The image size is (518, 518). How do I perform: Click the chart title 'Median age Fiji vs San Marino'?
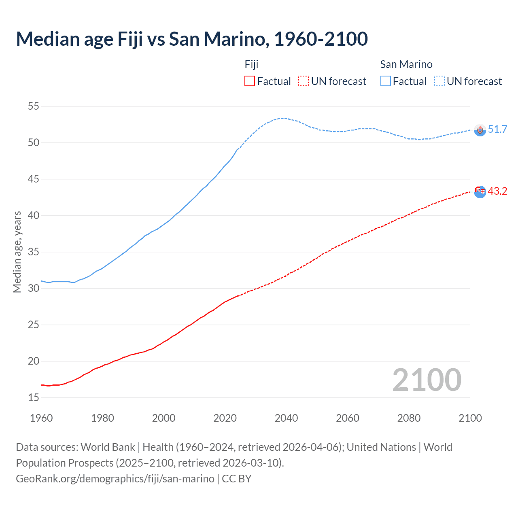coord(192,39)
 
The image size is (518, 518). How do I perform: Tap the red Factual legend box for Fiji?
coord(250,81)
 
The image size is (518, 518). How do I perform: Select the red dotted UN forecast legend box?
coord(304,81)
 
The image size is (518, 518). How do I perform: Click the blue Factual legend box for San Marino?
coord(386,81)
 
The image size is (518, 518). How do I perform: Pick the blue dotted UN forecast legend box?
coord(439,81)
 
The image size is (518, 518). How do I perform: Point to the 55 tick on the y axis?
coord(34,106)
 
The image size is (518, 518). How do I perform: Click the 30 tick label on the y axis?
coord(34,289)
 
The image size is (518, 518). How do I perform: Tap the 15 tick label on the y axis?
coord(34,398)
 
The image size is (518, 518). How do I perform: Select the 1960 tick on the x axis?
coord(41,418)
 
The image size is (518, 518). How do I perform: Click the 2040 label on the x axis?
coord(286,418)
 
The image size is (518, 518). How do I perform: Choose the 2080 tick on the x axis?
coord(409,418)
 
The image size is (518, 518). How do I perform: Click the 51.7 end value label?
coord(497,129)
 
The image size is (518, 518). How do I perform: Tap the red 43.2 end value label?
coord(497,191)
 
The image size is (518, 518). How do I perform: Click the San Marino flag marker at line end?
coord(480,130)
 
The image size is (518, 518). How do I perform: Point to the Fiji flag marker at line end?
coord(480,191)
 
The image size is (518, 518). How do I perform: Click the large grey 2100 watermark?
coord(427,380)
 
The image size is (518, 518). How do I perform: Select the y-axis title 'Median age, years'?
coord(17,252)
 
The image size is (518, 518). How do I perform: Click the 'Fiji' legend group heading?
coord(251,64)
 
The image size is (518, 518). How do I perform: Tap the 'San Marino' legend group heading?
coord(406,64)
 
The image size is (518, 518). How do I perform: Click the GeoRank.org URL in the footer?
coord(115,479)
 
